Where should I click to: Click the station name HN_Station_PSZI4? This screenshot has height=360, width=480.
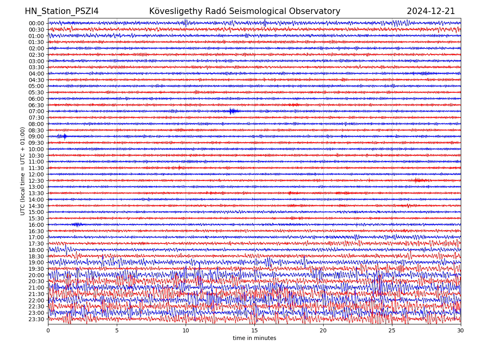pos(62,11)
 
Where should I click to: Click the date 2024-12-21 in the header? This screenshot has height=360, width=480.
pos(431,11)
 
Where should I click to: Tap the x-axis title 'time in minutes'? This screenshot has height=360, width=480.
pos(254,338)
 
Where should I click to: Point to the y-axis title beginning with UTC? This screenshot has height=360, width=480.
pos(23,171)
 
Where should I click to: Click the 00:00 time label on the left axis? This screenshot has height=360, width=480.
pos(36,23)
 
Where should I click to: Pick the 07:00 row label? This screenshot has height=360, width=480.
pos(36,111)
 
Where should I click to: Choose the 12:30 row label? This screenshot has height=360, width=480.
pos(36,181)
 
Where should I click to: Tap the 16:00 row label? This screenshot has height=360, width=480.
pos(36,225)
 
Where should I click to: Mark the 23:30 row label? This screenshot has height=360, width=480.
pos(36,319)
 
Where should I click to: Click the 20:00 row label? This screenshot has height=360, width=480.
pos(36,275)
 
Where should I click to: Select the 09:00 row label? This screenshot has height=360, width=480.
pos(36,136)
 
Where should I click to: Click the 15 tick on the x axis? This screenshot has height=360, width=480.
pos(254,331)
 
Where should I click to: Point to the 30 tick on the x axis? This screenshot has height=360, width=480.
pos(461,331)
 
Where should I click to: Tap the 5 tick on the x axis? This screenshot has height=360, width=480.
pos(117,331)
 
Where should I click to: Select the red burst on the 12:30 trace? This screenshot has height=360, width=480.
pos(420,180)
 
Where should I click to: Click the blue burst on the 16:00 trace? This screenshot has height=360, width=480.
pos(77,224)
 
